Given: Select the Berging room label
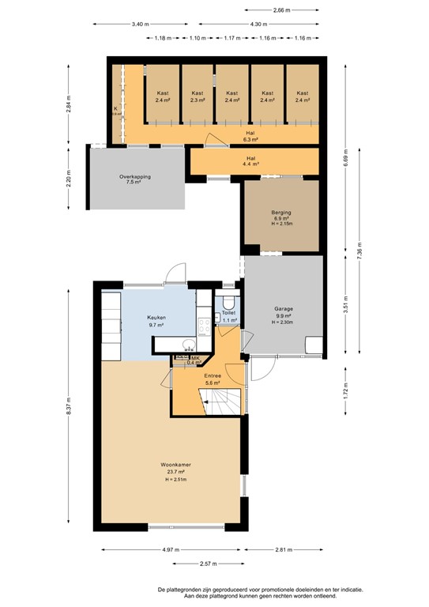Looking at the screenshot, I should (281, 213).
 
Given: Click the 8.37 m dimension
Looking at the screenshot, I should (68, 404).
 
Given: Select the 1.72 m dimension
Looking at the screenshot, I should (344, 388).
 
